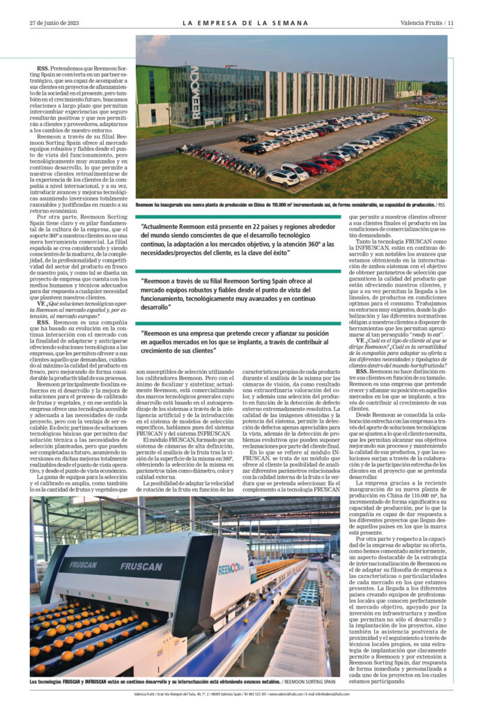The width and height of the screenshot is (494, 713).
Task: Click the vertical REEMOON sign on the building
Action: coord(194,93)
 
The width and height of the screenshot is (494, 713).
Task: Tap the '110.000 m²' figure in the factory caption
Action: coord(295,205)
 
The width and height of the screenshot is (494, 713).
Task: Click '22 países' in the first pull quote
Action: coord(265,226)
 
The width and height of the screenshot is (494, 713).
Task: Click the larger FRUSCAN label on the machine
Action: coord(141,566)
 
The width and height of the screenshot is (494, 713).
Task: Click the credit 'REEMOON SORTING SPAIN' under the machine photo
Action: coord(314,682)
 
